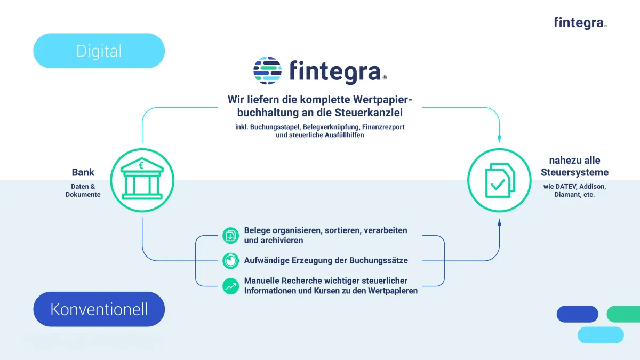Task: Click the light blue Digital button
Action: [x=99, y=51]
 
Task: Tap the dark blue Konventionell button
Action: [x=99, y=309]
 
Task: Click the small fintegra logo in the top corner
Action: [x=580, y=23]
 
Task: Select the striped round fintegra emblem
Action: [x=267, y=70]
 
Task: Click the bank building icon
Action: [x=142, y=179]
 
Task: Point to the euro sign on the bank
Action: [x=141, y=165]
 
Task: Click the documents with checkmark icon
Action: [x=500, y=180]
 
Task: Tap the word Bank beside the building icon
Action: [x=83, y=172]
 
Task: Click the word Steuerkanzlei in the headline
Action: [x=369, y=113]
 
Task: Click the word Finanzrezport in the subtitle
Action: [x=383, y=127]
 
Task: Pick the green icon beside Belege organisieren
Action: [x=230, y=235]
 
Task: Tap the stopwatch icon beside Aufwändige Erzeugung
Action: [x=230, y=261]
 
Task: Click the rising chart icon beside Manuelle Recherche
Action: [x=230, y=286]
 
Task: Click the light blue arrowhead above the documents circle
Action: [x=499, y=139]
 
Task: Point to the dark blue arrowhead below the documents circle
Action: [x=499, y=222]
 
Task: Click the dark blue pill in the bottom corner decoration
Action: [x=578, y=314]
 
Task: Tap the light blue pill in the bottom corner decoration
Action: [x=601, y=335]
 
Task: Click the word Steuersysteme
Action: [x=574, y=173]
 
